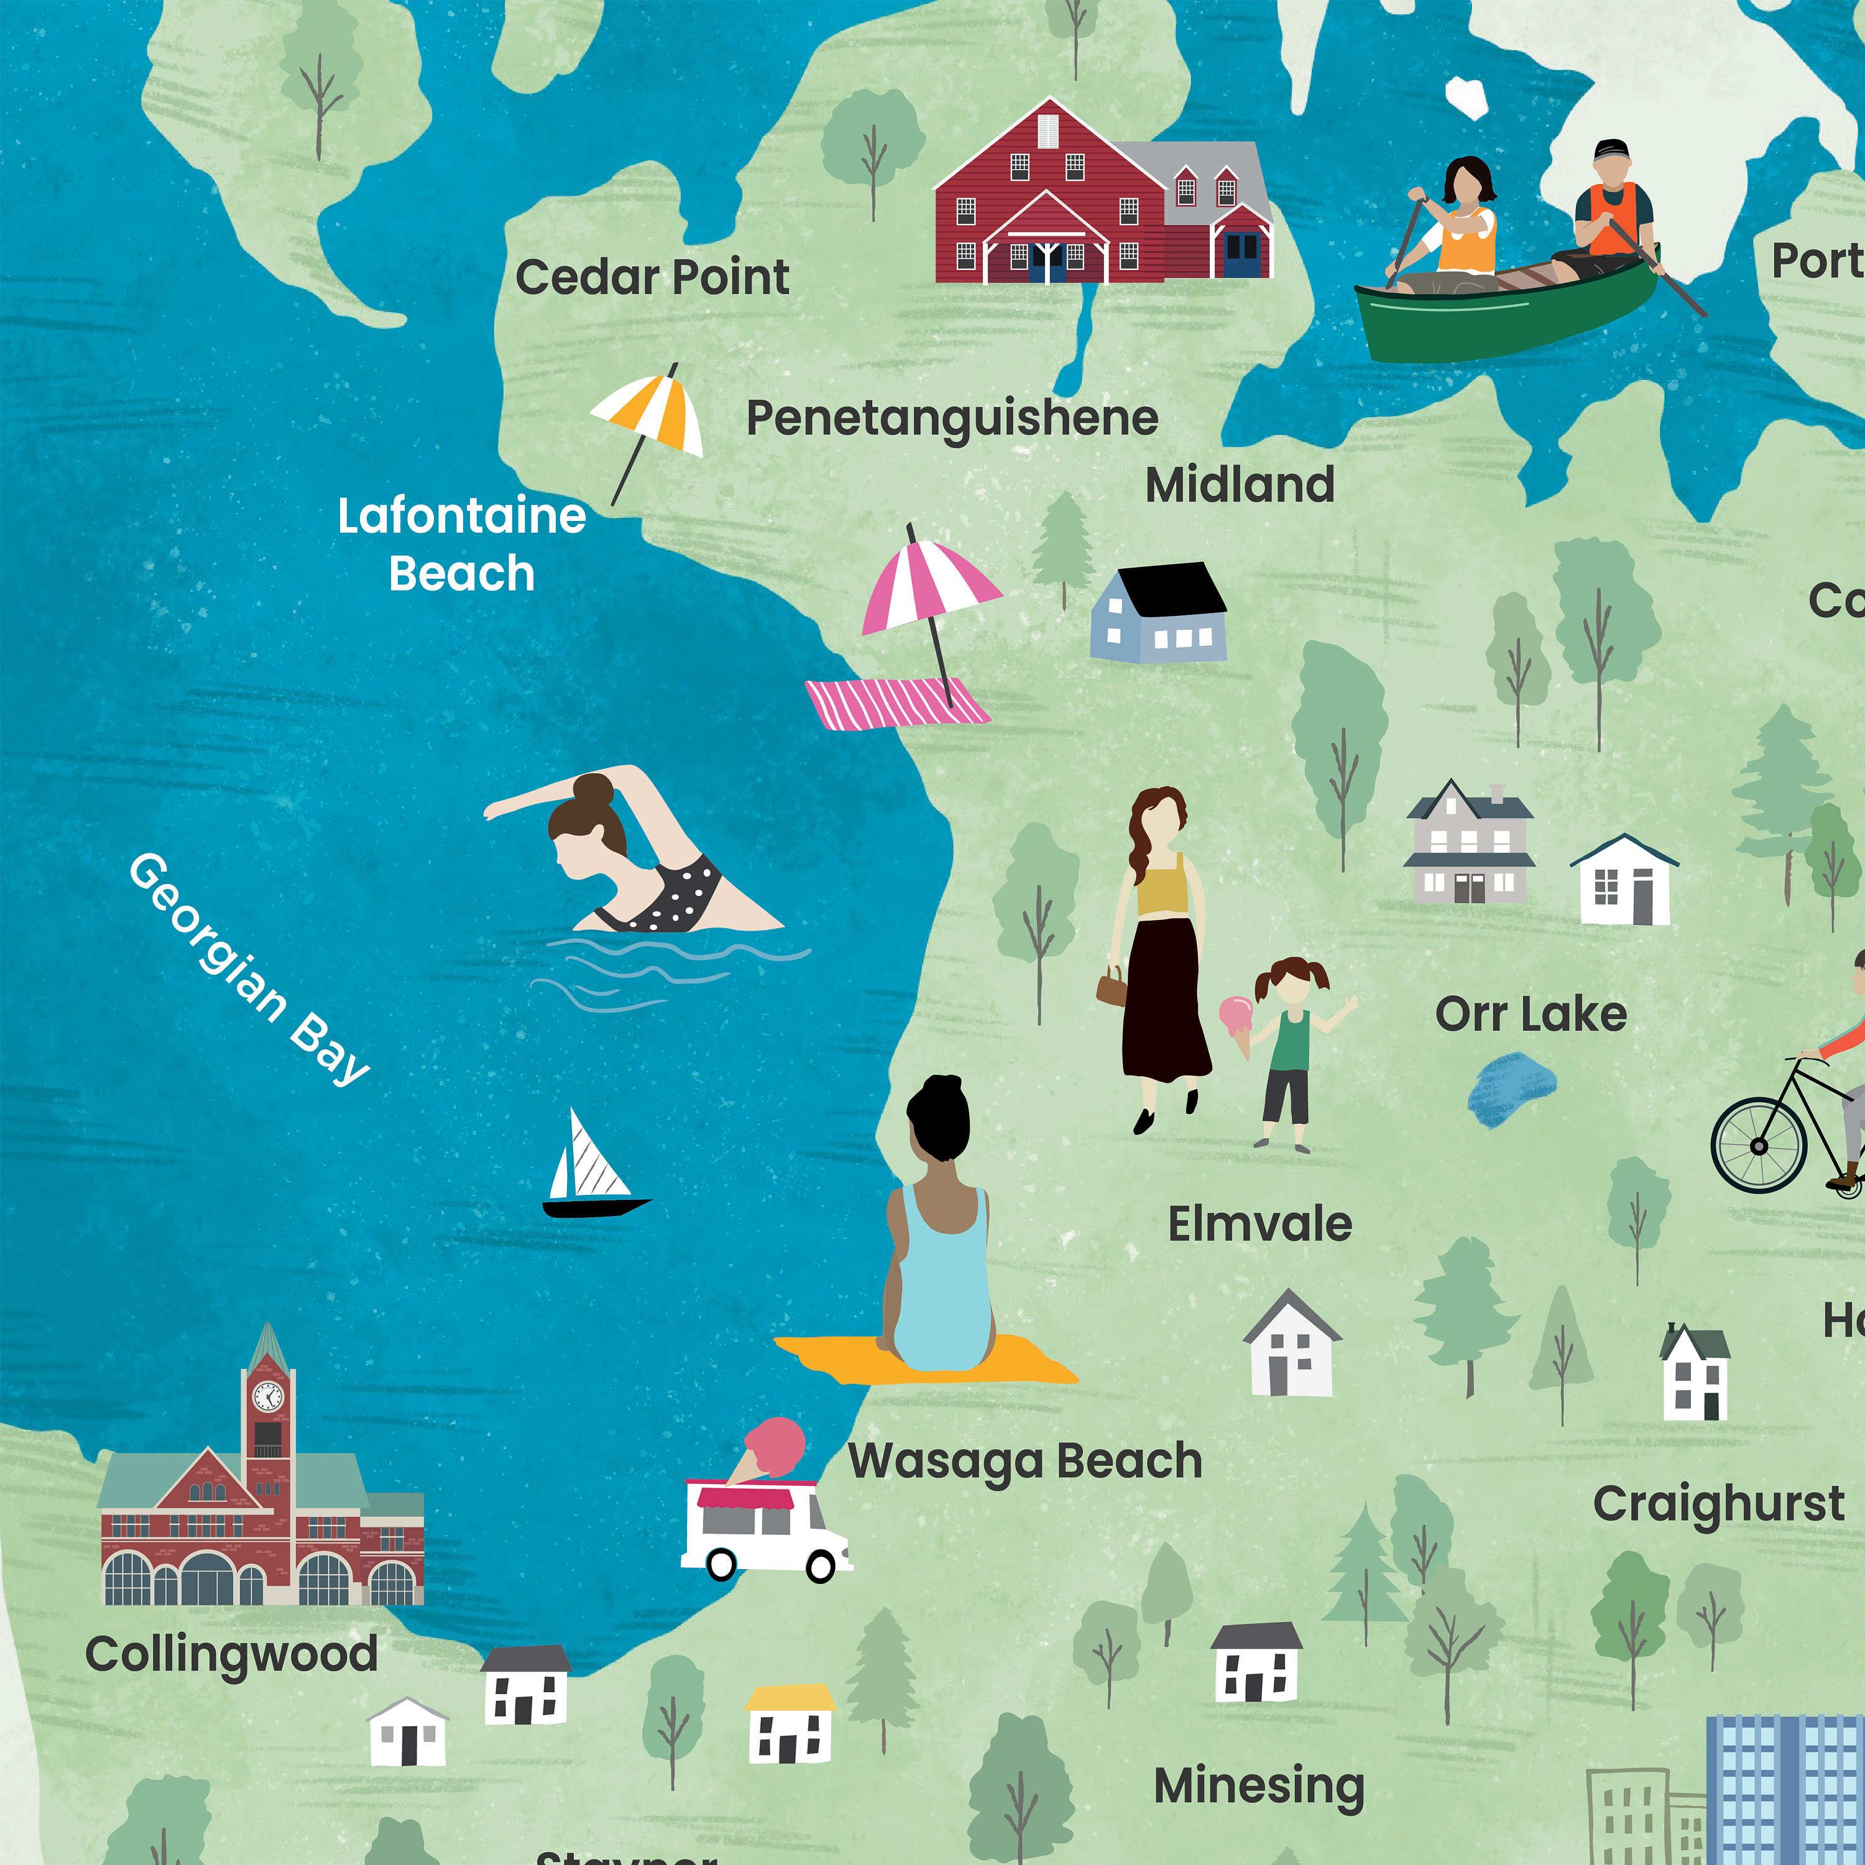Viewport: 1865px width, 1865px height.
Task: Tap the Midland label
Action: click(1240, 485)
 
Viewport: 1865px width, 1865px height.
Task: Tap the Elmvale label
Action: click(1259, 1224)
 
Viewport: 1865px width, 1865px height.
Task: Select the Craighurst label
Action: click(1718, 1504)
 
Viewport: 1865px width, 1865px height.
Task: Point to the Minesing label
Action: click(1259, 1786)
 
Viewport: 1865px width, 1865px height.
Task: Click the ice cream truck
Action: click(763, 1529)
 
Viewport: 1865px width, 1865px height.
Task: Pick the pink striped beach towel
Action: click(896, 702)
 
